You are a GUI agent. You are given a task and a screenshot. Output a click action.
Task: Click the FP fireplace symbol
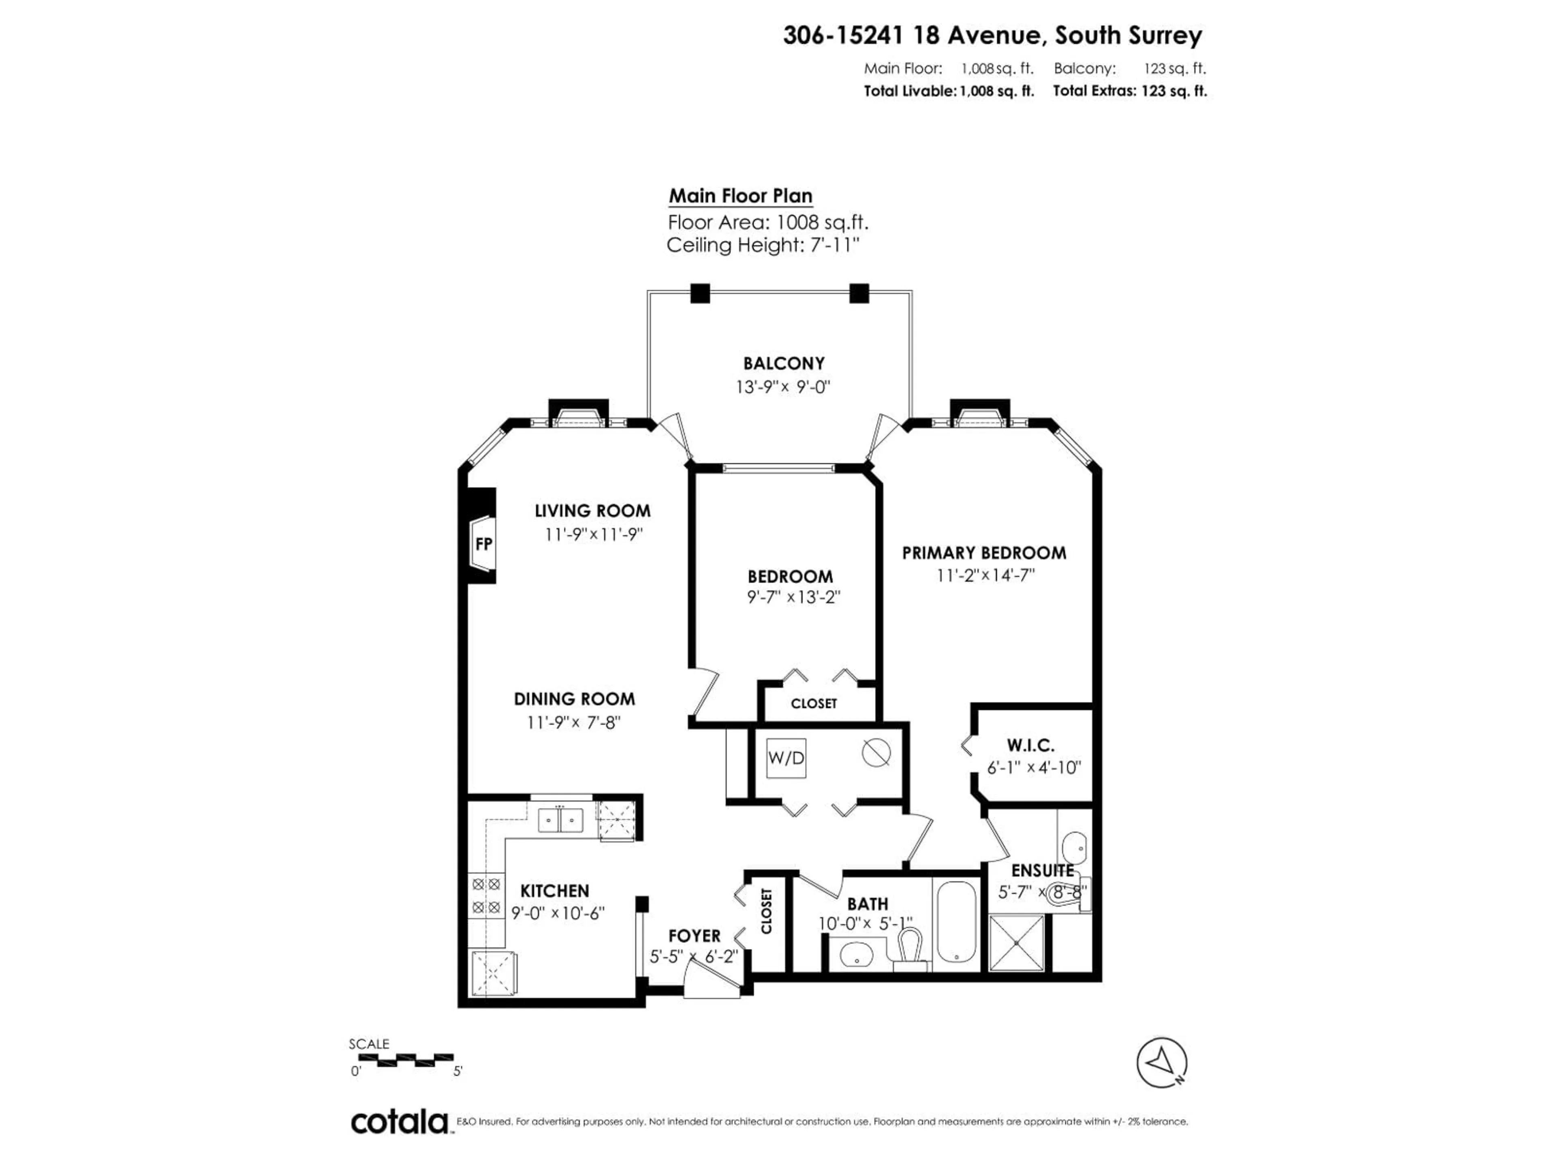[x=483, y=545]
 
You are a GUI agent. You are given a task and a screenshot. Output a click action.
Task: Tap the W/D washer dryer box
[x=786, y=758]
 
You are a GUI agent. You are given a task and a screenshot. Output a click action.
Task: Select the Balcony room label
[x=784, y=364]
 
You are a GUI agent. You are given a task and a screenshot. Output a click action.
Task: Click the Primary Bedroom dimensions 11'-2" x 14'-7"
[x=985, y=575]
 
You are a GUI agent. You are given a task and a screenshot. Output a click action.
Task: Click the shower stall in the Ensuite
[x=1017, y=942]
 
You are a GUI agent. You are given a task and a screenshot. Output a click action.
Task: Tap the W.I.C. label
[x=1030, y=745]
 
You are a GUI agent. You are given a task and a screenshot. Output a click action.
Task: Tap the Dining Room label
[x=574, y=699]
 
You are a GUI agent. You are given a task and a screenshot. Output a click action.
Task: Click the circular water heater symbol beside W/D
[x=876, y=753]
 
